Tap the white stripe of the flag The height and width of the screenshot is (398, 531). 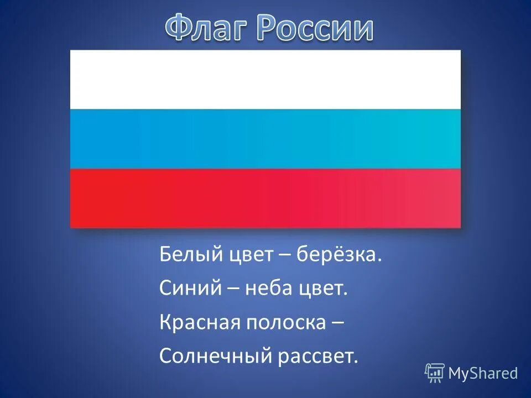(265, 80)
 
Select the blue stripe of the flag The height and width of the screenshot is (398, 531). (265, 139)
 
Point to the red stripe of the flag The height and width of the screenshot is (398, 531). (265, 198)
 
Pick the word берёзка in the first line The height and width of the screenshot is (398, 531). (339, 255)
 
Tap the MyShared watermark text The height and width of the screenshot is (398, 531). (483, 374)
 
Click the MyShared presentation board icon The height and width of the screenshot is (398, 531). (435, 373)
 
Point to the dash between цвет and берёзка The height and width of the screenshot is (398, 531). (285, 256)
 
